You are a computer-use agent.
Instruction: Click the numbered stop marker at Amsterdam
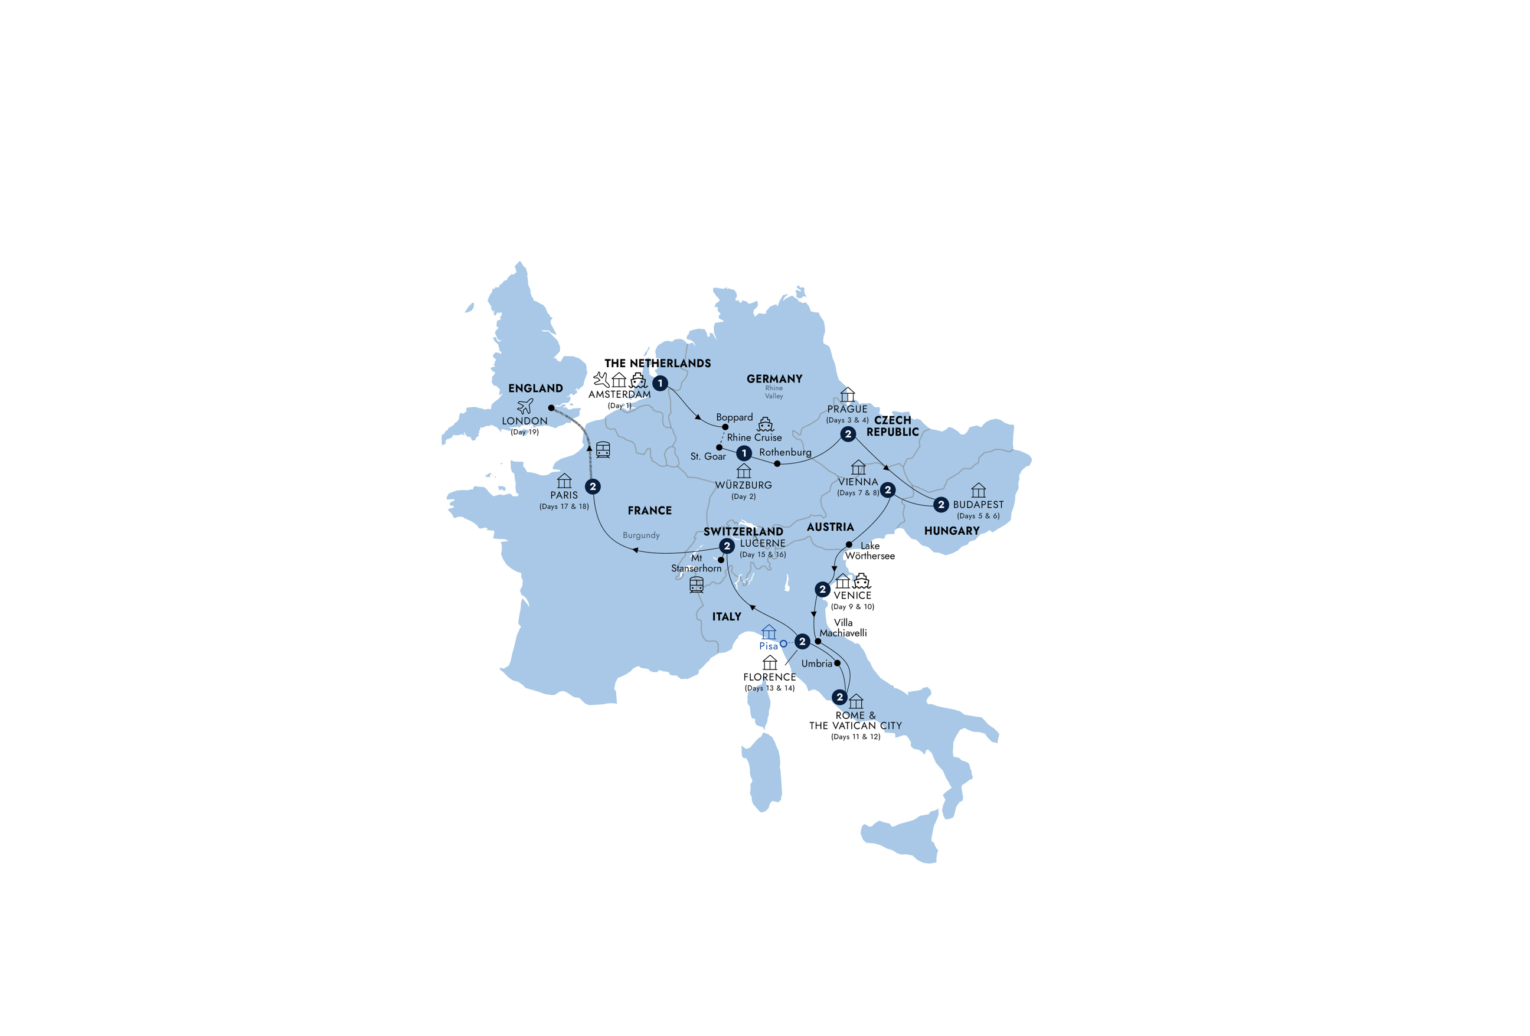coord(661,383)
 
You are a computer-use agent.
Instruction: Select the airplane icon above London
coord(525,406)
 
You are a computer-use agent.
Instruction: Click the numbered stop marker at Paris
coord(593,486)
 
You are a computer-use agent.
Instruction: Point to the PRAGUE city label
coord(847,408)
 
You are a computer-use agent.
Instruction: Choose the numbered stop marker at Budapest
coord(941,504)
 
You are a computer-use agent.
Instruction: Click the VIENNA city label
coord(858,482)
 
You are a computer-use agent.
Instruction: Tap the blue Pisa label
coord(769,646)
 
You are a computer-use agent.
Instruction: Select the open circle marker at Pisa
coord(783,643)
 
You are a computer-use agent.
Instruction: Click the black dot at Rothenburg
coord(777,464)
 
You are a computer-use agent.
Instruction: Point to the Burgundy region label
coord(641,535)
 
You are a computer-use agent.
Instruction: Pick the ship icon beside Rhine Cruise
coord(766,424)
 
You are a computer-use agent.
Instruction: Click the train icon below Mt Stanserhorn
coord(697,584)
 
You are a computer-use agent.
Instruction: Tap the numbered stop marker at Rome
coord(839,697)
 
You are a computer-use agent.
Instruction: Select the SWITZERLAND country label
coord(743,531)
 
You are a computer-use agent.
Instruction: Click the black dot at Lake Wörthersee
coord(849,544)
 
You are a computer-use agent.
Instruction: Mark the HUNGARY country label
coord(952,531)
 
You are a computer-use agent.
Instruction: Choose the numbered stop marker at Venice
coord(822,589)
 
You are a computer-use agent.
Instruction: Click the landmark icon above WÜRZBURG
coord(744,470)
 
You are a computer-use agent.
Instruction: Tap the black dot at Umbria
coord(838,664)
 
